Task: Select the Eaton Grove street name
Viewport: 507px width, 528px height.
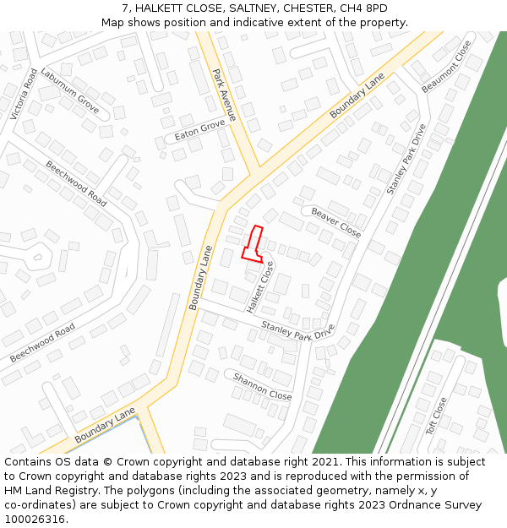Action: click(199, 129)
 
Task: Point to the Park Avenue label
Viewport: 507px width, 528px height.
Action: click(225, 95)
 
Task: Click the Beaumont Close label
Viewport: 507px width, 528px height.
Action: click(446, 67)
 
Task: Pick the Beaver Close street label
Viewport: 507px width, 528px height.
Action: click(335, 222)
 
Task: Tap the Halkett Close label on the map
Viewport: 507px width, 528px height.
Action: click(260, 287)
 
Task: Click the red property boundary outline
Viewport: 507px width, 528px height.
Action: click(253, 244)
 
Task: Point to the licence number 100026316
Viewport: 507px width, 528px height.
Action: click(34, 520)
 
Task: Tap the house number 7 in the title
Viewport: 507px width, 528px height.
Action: click(125, 8)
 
